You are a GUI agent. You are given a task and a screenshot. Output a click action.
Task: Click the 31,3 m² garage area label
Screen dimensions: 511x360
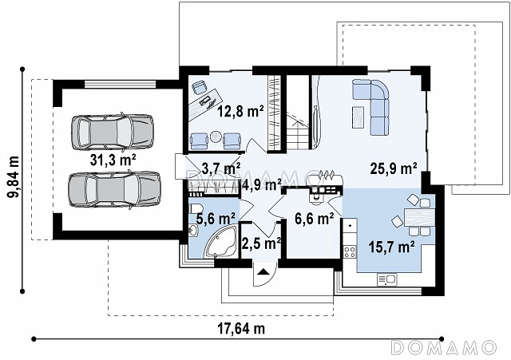113,160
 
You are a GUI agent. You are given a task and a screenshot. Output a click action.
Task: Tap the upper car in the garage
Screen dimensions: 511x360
113,132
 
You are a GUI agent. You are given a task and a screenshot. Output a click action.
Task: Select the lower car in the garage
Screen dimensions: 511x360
114,190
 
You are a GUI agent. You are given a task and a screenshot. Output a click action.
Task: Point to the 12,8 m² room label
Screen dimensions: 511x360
240,112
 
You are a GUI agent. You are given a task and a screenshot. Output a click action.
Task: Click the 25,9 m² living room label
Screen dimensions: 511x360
394,168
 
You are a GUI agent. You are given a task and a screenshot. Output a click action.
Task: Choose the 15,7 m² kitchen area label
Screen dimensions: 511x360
392,247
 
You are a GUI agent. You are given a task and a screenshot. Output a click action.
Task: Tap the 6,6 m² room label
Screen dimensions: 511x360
314,219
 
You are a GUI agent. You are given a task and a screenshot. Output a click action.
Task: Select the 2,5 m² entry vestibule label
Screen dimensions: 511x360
261,243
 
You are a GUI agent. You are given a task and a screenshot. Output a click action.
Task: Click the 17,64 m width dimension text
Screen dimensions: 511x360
241,329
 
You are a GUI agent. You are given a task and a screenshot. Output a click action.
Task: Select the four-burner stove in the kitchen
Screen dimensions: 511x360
350,251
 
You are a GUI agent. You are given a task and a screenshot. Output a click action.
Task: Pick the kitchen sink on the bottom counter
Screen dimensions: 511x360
386,279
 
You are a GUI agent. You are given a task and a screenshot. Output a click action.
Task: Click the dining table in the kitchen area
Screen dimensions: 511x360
420,217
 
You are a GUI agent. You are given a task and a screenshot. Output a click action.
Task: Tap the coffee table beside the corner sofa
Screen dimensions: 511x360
358,117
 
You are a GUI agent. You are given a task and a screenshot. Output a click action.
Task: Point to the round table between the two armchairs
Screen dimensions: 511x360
215,136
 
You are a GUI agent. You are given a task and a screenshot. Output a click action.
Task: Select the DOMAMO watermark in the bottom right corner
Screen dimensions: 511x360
443,347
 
